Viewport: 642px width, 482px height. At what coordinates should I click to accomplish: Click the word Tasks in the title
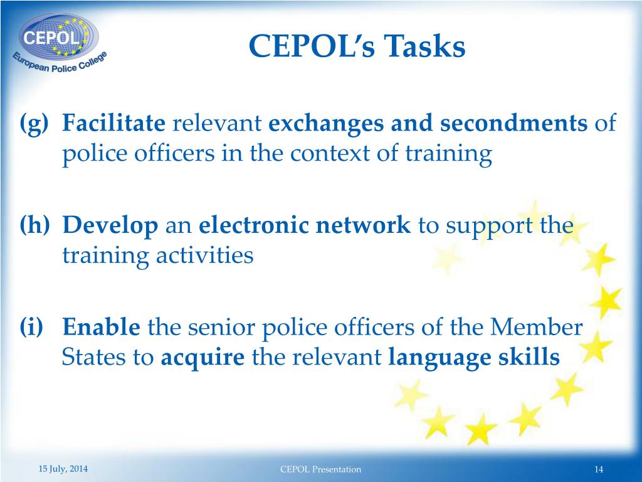425,47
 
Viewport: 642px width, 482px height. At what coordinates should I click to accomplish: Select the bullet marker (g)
33,124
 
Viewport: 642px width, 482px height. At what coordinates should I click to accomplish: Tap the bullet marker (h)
34,225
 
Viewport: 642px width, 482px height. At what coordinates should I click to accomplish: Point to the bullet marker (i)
31,327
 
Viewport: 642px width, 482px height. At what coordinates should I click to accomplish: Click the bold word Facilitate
113,124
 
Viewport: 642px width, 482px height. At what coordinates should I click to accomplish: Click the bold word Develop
110,225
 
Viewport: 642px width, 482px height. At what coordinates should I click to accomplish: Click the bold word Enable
102,327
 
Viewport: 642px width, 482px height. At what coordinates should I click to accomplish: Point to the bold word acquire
203,357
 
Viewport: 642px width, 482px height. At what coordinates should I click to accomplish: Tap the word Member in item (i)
537,327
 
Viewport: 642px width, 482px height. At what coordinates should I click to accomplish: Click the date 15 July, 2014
63,469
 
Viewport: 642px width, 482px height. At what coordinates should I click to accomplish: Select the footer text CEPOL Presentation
321,469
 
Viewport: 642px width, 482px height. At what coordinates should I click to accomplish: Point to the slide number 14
598,469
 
